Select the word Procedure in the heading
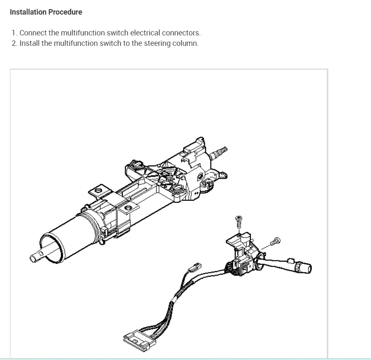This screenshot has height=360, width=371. point(65,12)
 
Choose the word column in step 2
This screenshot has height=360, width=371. point(185,43)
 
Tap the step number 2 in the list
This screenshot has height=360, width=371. point(14,43)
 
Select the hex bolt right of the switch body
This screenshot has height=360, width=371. point(276,240)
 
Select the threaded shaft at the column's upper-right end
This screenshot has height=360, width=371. point(220,150)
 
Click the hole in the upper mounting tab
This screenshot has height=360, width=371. point(99,191)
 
